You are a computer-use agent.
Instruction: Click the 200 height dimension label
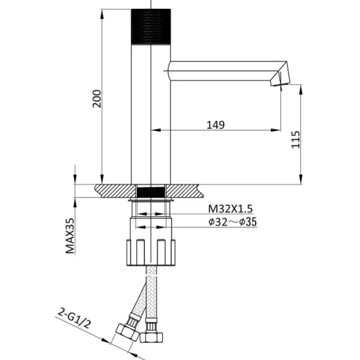coord(97,99)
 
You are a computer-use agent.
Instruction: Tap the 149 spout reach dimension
coord(215,125)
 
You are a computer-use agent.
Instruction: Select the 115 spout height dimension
coord(296,139)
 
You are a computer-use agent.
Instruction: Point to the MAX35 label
coord(70,236)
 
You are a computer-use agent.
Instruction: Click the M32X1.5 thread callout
coord(230,209)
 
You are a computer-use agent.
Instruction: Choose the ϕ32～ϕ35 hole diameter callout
coord(233,222)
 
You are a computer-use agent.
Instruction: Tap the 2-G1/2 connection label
coord(74,318)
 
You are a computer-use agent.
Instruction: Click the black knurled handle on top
coord(151,27)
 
